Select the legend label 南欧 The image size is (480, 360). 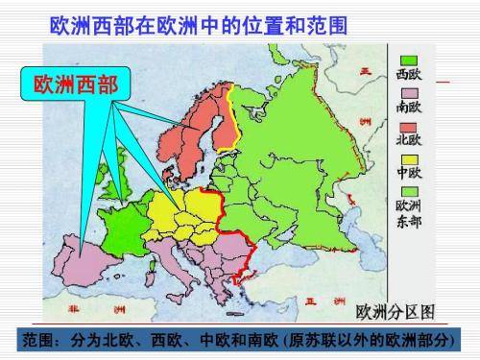(404, 108)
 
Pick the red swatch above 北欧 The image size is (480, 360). (403, 126)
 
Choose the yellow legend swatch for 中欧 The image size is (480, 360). (403, 157)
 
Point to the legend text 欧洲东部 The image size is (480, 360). (404, 213)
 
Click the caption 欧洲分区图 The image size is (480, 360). (396, 312)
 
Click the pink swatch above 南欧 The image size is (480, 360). (403, 93)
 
